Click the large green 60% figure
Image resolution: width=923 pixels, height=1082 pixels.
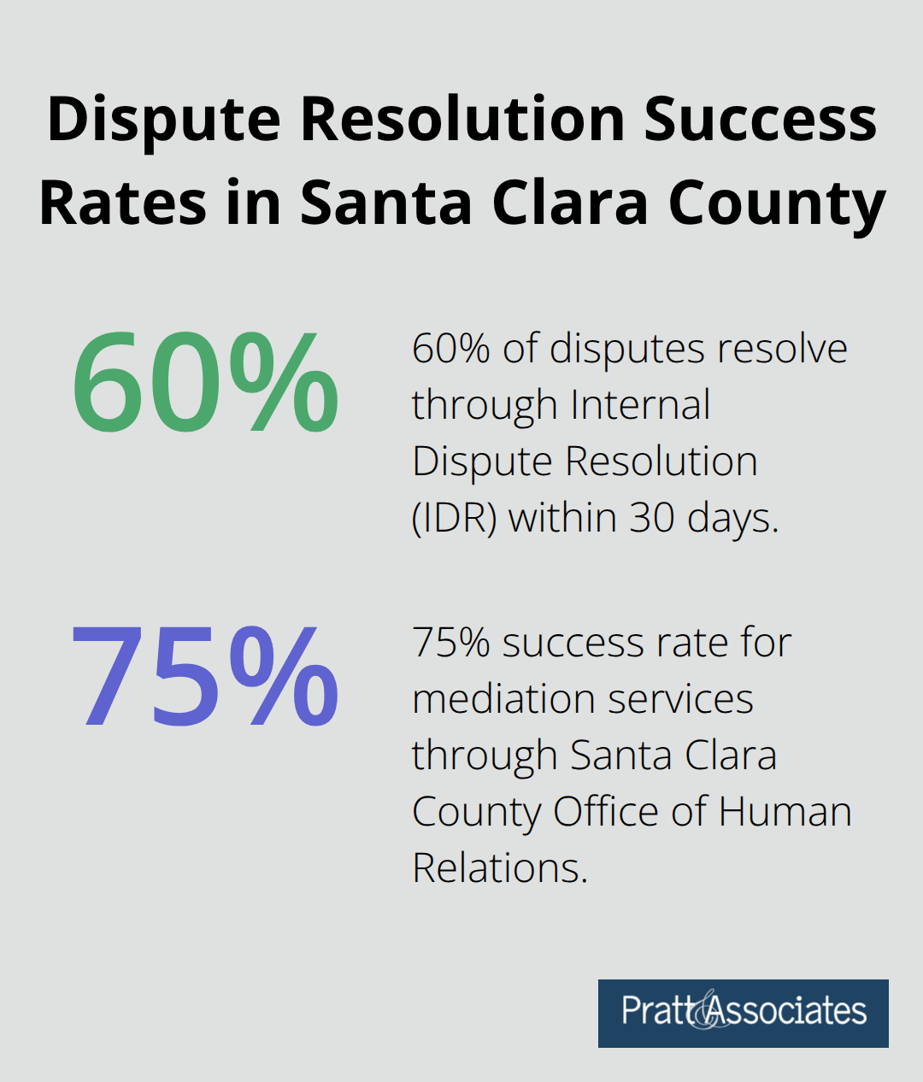pos(205,383)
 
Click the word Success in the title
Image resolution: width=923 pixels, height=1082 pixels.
pos(760,119)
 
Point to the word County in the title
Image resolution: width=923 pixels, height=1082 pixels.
pos(777,203)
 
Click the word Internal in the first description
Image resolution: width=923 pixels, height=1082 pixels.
pos(640,404)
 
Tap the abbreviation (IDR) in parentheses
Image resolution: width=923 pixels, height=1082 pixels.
pos(454,518)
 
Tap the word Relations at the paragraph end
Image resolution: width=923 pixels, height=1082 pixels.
pos(500,867)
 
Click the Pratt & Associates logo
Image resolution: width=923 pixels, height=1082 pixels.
pos(743,1013)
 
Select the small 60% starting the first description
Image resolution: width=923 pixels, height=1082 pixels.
pos(451,349)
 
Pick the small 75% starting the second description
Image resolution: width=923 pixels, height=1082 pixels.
pos(451,643)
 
